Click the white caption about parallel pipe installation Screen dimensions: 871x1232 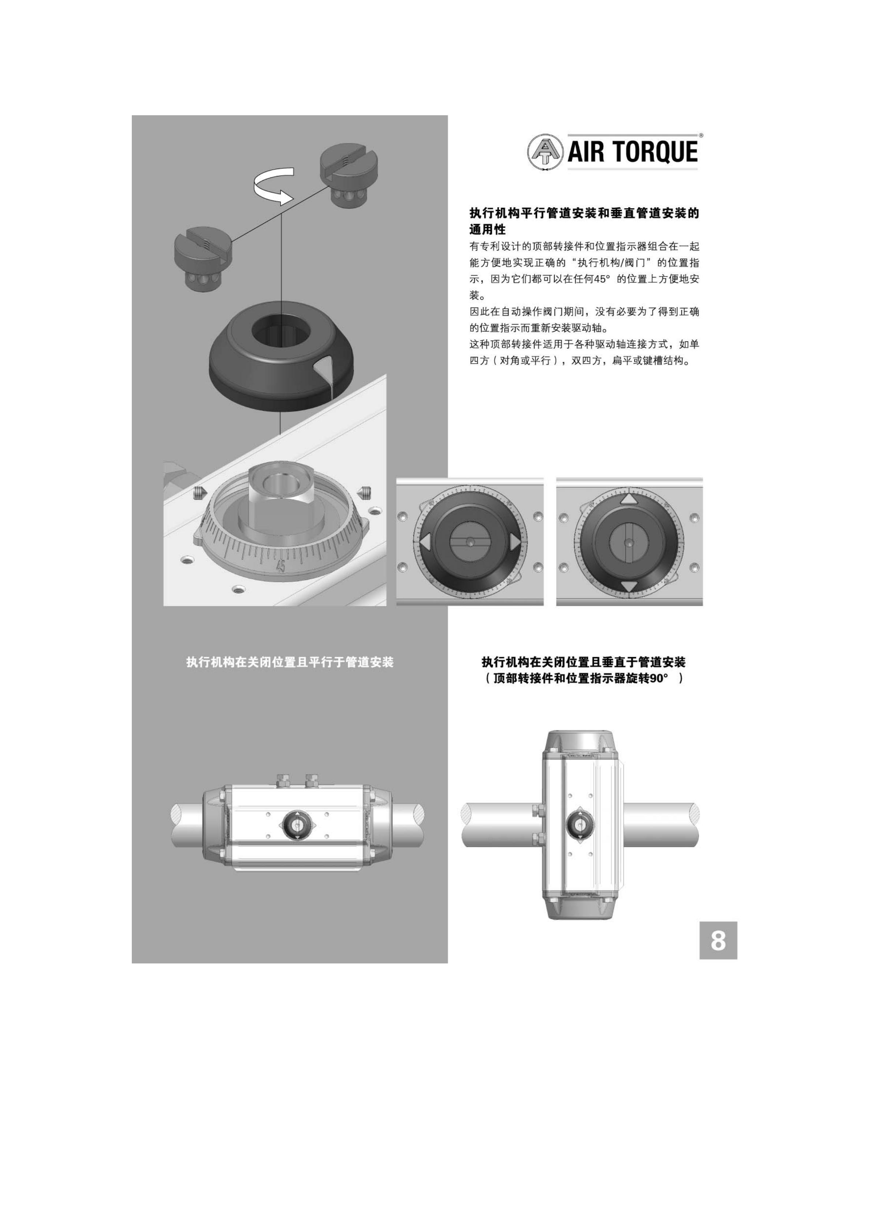tap(290, 662)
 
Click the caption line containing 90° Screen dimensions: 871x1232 tap(583, 679)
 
